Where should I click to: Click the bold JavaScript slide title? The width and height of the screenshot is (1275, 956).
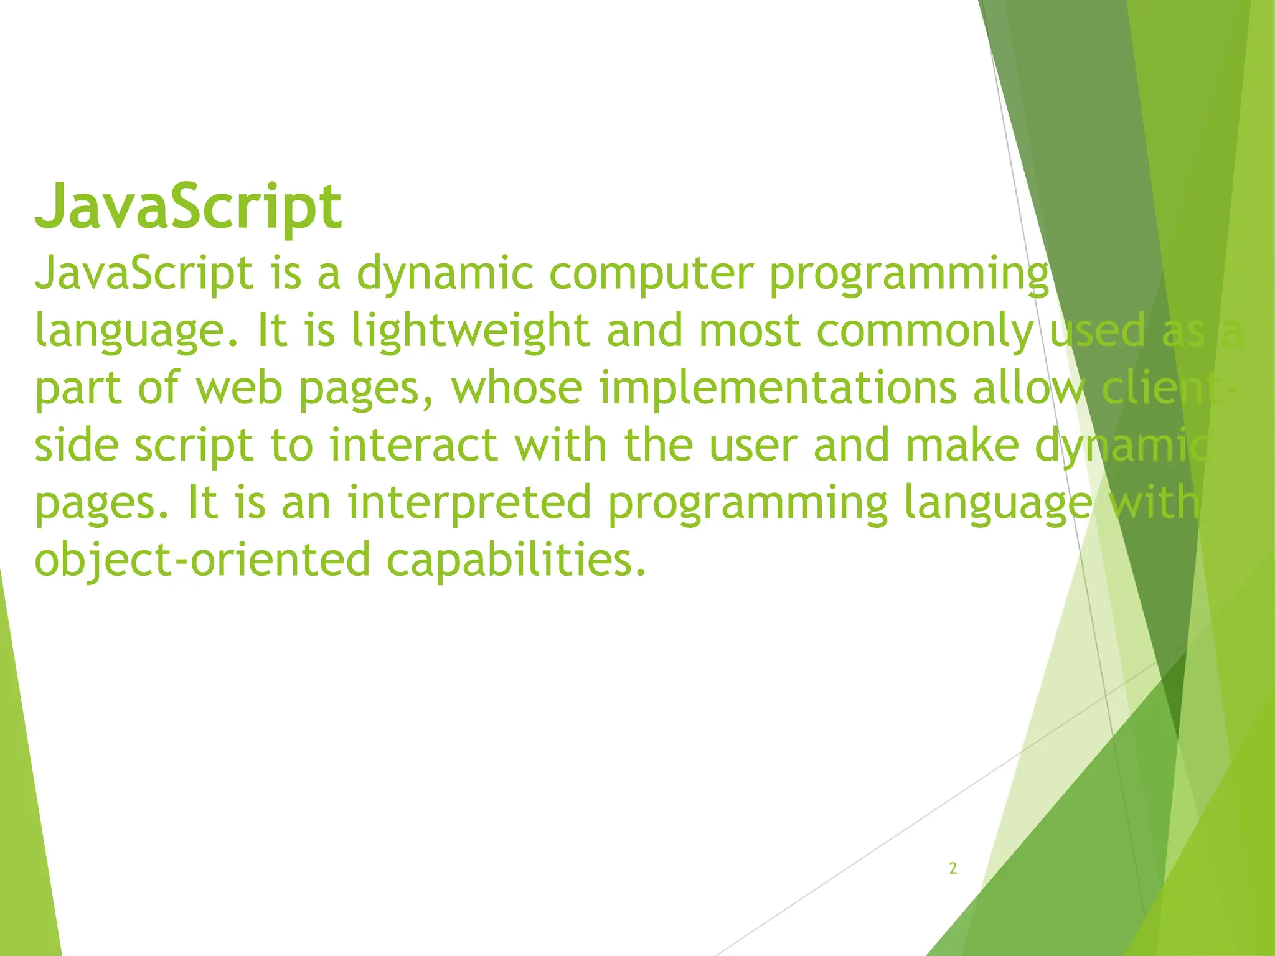tap(188, 207)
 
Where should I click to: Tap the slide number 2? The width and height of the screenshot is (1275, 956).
tap(953, 868)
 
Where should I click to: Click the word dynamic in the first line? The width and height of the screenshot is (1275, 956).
tap(445, 274)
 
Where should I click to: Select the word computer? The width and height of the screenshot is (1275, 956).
tap(651, 274)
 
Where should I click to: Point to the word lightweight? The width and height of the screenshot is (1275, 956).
tap(470, 331)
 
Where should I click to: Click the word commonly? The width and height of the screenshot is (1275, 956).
tap(925, 331)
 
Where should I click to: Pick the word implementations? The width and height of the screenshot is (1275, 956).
tap(778, 388)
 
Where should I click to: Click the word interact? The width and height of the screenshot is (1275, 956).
tap(413, 446)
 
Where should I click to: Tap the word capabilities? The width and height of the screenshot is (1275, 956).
tap(516, 560)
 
